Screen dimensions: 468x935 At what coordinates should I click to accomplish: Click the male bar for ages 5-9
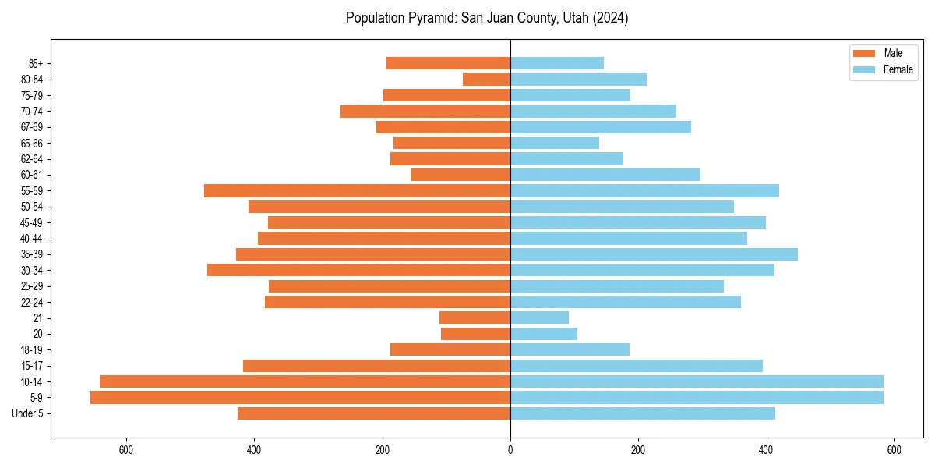[300, 398]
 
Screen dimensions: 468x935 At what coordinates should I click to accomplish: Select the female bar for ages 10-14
[697, 381]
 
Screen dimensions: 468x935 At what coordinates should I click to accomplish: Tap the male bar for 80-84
[486, 80]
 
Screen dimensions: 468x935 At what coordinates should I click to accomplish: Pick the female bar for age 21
[539, 318]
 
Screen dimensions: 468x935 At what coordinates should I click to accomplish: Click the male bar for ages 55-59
[357, 191]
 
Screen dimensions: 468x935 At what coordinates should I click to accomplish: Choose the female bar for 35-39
[654, 254]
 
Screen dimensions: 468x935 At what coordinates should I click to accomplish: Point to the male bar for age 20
[475, 334]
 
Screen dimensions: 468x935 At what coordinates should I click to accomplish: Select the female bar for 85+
[557, 63]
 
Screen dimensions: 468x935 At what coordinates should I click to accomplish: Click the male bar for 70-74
[425, 112]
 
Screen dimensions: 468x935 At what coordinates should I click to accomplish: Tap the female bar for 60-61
[605, 175]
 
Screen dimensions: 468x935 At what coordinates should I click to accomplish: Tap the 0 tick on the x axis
[510, 450]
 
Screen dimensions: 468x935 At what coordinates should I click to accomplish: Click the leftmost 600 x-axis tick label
[126, 450]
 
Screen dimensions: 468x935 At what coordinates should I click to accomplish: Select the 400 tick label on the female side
[766, 450]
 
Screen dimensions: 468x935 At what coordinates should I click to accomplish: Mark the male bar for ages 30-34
[358, 271]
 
